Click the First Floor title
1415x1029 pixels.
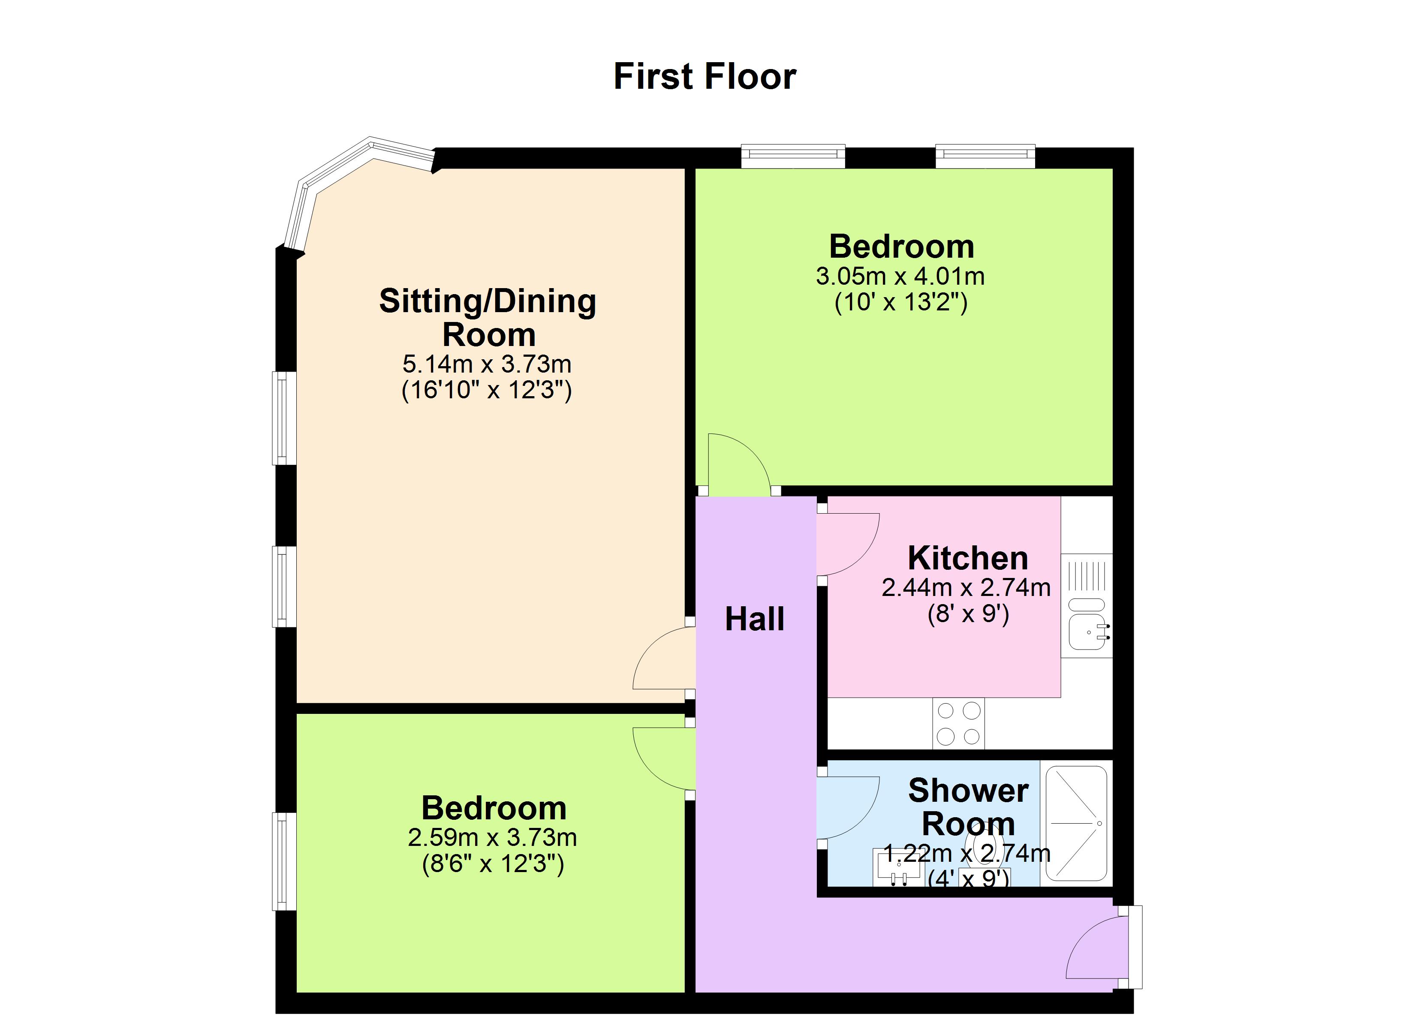(x=704, y=76)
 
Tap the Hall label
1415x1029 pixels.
(x=754, y=619)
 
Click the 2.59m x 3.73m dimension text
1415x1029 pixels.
(x=492, y=837)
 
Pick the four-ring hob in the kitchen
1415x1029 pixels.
(x=958, y=723)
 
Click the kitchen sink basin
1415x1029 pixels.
(x=1087, y=632)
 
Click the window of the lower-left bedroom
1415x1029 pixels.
(x=284, y=861)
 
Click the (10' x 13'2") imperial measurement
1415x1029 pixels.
(x=901, y=303)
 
